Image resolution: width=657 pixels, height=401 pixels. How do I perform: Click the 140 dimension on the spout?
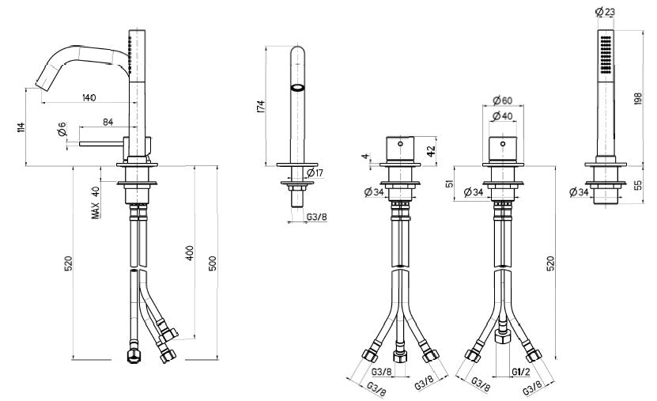click(88, 97)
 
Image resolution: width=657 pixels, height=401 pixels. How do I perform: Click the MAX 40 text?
click(95, 202)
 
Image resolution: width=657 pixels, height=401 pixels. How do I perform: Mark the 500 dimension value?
click(212, 263)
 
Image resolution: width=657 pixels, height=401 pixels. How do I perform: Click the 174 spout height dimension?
click(262, 107)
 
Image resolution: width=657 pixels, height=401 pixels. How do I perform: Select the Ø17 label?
click(312, 172)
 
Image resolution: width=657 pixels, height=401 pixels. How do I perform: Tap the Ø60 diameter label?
click(501, 100)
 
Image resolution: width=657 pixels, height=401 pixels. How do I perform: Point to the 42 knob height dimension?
click(432, 149)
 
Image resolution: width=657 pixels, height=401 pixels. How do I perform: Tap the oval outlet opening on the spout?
click(298, 88)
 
